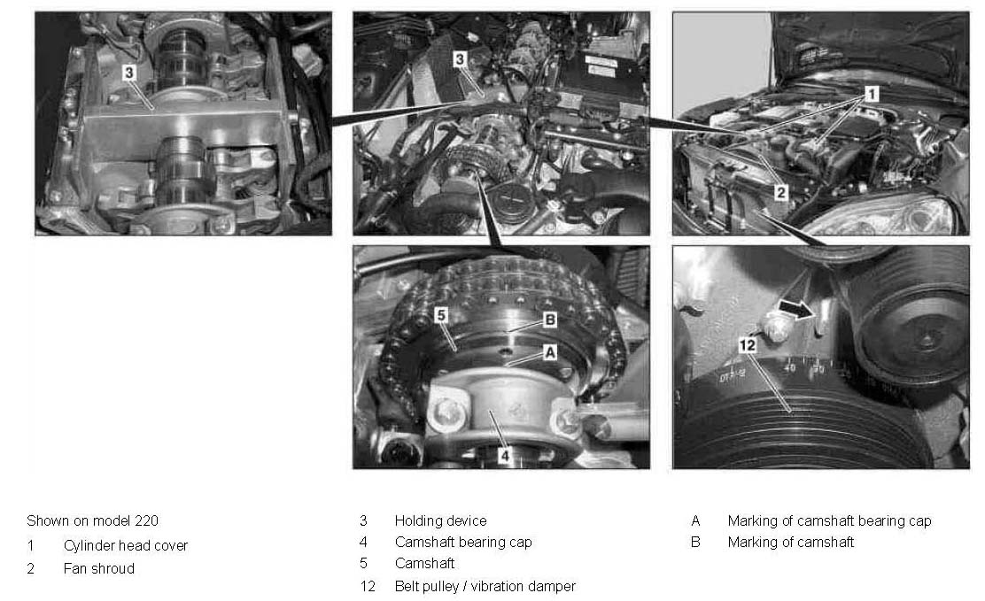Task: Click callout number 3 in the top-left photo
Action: coord(128,73)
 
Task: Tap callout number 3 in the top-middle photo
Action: coord(460,59)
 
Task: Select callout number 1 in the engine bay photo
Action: coord(872,94)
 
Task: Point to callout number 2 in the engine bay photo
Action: coord(781,192)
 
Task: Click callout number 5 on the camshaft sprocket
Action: coord(442,314)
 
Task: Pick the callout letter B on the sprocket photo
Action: coord(550,320)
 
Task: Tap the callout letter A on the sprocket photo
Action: coord(550,351)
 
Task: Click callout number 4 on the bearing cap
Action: coord(504,455)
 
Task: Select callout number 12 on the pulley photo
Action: coord(747,345)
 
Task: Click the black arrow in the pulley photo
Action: coord(796,309)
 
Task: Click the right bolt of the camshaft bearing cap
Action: coord(566,422)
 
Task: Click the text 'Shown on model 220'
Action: coord(92,520)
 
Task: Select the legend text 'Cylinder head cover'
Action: coord(126,546)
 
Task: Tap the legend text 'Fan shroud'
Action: coord(99,568)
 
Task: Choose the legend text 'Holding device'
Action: coord(440,520)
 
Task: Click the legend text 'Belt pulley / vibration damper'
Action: coord(485,586)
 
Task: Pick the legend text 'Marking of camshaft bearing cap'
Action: coord(829,520)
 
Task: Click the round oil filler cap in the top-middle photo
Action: coord(512,202)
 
